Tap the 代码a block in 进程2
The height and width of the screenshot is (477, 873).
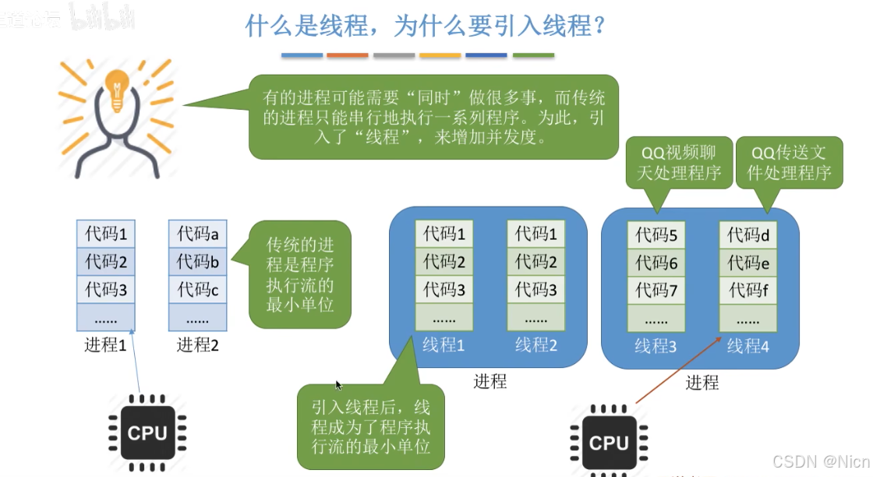click(197, 232)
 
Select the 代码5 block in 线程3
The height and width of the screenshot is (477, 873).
click(656, 235)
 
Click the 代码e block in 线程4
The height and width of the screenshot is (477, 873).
click(748, 263)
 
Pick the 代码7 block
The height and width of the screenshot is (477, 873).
click(656, 291)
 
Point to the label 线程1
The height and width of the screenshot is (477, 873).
click(444, 344)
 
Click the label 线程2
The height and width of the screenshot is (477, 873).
click(536, 344)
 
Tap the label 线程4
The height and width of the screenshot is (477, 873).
click(748, 345)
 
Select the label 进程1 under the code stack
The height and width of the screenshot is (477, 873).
click(105, 344)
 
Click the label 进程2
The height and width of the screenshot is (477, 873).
click(198, 344)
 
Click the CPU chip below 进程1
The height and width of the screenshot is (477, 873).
click(147, 432)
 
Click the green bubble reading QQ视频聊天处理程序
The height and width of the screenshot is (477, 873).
click(677, 162)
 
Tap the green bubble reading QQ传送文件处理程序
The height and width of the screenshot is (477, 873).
click(790, 162)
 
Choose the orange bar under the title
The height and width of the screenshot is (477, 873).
click(348, 55)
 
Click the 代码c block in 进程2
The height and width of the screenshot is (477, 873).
click(197, 289)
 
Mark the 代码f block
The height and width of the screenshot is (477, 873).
click(748, 291)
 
